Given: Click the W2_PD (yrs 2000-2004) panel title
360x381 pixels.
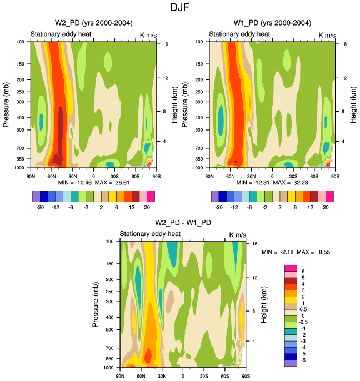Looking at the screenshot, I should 90,23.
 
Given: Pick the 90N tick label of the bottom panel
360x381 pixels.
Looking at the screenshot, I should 120,376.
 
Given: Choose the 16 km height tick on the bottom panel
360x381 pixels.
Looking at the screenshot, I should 254,244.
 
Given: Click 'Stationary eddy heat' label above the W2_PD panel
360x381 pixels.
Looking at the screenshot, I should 61,34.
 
